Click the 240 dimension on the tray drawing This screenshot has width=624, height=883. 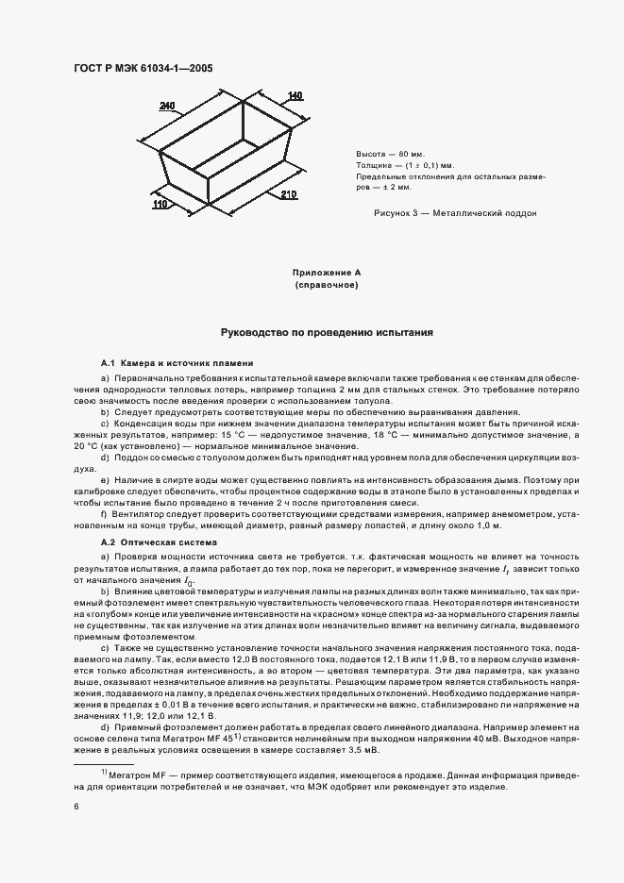pos(167,108)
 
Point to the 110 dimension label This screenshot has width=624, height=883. pos(160,202)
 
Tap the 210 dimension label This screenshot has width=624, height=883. pos(289,194)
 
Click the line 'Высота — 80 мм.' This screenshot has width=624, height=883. pos(390,153)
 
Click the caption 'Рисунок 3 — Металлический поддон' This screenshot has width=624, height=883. pos(455,213)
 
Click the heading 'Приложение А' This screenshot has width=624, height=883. pos(327,273)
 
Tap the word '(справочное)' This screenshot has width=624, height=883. pos(327,285)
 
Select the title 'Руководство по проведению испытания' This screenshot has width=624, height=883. pos(327,333)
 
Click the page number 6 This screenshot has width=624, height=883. pos(76,807)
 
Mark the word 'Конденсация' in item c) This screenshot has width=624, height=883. pos(142,424)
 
